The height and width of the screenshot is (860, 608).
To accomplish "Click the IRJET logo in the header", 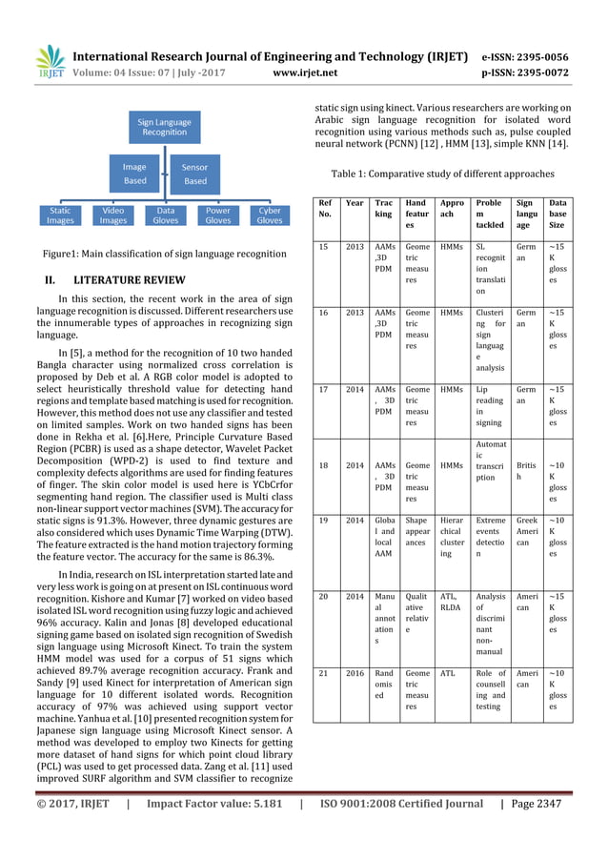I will pyautogui.click(x=49, y=62).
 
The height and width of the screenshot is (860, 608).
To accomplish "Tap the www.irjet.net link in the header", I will pyautogui.click(x=304, y=71).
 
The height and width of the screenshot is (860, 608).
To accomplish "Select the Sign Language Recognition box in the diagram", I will pyautogui.click(x=165, y=127).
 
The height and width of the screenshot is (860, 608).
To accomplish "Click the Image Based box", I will pyautogui.click(x=134, y=174).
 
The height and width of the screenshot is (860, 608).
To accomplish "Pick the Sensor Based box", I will pyautogui.click(x=194, y=174).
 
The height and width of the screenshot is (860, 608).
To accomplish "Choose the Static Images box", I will pyautogui.click(x=60, y=215).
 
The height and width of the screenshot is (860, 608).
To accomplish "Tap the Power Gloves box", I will pyautogui.click(x=217, y=215).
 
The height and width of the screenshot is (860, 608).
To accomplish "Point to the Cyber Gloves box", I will pyautogui.click(x=270, y=215).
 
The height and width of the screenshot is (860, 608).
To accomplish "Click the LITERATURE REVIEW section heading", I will pyautogui.click(x=122, y=281).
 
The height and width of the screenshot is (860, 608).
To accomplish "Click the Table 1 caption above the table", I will pyautogui.click(x=442, y=174).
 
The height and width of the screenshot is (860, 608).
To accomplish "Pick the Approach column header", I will pyautogui.click(x=452, y=209).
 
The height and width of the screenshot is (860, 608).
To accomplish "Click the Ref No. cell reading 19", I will pyautogui.click(x=326, y=521).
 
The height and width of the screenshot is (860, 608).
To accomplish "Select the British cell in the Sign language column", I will pyautogui.click(x=526, y=471).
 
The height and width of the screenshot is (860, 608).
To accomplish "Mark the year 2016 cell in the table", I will pyautogui.click(x=355, y=672).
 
